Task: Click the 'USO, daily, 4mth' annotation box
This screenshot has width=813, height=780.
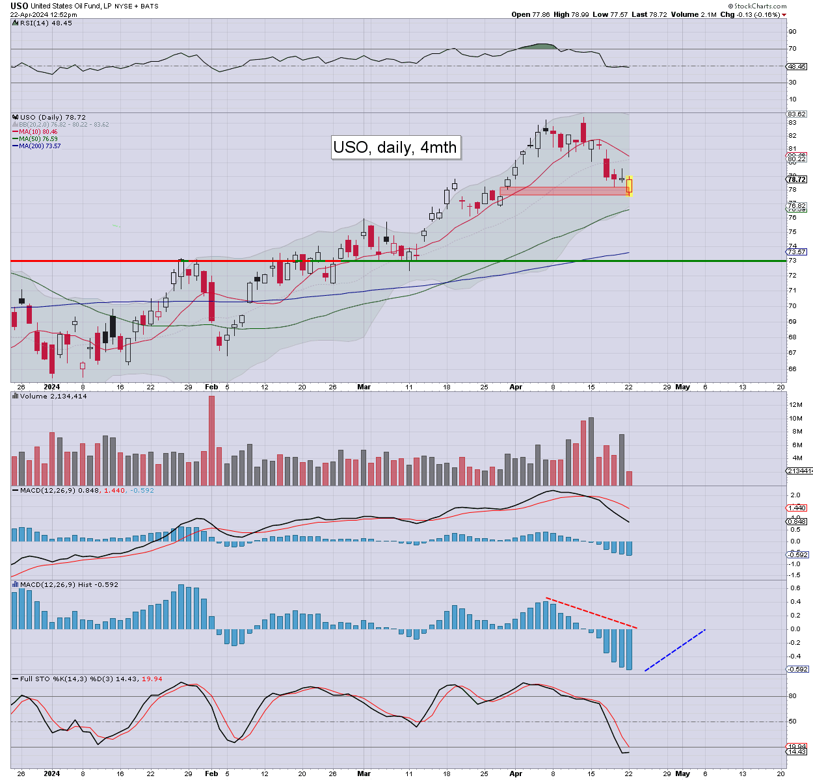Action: click(395, 147)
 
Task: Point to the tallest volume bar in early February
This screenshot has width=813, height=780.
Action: click(211, 440)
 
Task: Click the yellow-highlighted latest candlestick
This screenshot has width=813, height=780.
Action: click(630, 186)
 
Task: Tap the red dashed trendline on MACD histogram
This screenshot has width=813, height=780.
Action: click(591, 612)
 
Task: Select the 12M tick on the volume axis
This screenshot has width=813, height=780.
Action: click(795, 405)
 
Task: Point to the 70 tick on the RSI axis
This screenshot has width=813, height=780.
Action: click(792, 49)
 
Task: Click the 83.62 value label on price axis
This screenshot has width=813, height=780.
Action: click(797, 114)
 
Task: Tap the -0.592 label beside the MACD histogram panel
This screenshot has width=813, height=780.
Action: click(797, 669)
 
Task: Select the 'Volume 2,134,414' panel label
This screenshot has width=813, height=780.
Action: click(53, 396)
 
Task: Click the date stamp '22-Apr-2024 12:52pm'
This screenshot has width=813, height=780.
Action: click(43, 14)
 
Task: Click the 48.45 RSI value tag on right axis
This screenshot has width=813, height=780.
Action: click(797, 66)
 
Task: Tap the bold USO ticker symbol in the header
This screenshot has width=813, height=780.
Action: click(19, 6)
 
